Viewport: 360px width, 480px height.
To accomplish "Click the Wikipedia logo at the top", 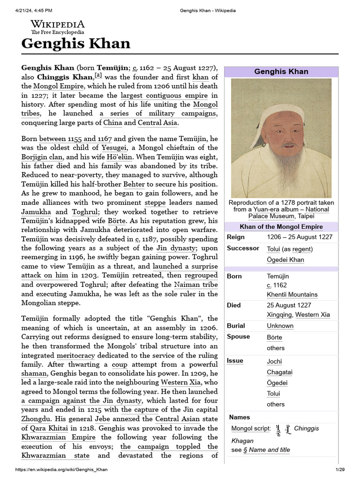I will (x=58, y=27).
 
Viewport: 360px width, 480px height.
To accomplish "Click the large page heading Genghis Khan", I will (x=76, y=44).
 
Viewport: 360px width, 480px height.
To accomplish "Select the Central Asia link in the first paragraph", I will (x=157, y=123).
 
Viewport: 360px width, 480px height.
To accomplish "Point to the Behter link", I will (x=134, y=185).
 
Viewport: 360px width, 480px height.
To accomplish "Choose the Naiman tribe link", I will (x=195, y=285).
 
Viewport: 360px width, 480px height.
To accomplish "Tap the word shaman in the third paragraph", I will (x=34, y=374).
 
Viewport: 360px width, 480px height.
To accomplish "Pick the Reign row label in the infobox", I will (x=236, y=237).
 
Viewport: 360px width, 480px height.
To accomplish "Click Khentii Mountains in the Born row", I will (x=292, y=294).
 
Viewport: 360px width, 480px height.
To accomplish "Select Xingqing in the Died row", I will (x=280, y=315).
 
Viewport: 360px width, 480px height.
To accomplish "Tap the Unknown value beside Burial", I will (x=280, y=326).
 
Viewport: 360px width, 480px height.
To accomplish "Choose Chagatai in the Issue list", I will (x=279, y=372).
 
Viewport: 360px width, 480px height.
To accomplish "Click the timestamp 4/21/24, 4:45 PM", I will (x=30, y=10).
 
